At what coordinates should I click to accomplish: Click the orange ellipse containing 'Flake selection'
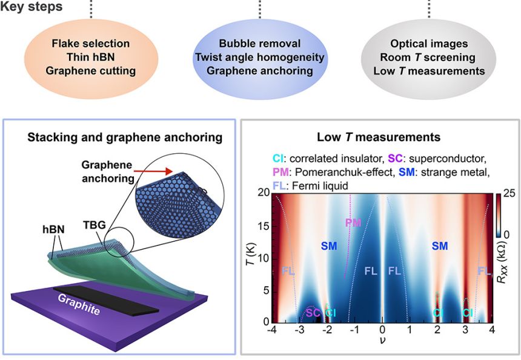(x=90, y=57)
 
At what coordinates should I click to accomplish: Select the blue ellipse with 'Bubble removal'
(x=259, y=57)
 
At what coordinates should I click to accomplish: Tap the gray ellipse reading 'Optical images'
(x=429, y=57)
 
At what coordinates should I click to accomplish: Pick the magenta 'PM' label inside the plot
(x=353, y=222)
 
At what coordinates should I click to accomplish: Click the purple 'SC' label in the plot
(x=313, y=313)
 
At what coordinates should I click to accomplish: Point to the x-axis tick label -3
(x=299, y=330)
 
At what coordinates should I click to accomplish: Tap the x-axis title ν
(x=382, y=342)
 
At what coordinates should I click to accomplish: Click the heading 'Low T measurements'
(x=379, y=138)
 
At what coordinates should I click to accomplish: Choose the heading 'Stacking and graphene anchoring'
(x=125, y=138)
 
